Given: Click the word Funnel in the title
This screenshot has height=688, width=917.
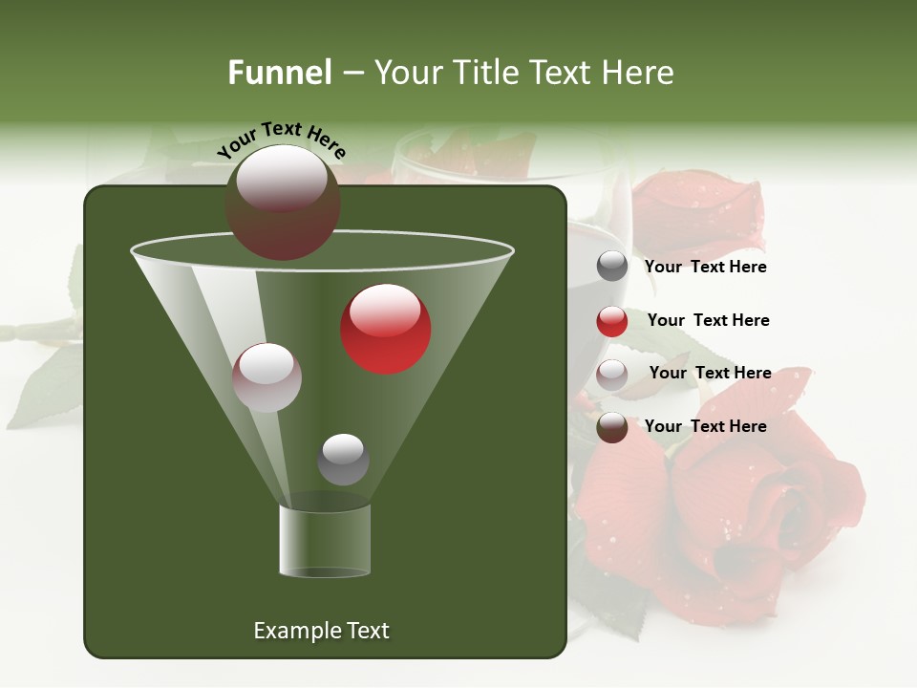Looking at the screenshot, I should click(279, 73).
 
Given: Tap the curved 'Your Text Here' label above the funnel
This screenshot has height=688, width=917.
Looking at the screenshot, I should click(281, 139).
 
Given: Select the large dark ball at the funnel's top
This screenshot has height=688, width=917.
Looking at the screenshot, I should click(283, 203).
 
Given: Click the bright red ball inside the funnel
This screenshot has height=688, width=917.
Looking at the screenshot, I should click(386, 329).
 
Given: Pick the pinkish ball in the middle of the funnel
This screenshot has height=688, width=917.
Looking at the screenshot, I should click(267, 377).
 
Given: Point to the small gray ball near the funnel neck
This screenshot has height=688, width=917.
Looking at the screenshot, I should click(343, 459).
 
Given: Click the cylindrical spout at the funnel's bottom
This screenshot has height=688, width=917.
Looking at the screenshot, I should click(325, 541).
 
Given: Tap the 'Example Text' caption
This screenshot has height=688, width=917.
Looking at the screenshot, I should click(321, 631).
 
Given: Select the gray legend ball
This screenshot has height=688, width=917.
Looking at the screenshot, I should click(612, 267).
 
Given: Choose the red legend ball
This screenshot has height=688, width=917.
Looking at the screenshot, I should click(612, 321).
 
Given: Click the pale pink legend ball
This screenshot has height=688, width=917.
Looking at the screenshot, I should click(612, 375).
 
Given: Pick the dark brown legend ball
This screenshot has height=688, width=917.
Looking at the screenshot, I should click(612, 427).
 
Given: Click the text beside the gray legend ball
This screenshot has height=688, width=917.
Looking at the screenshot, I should click(705, 268).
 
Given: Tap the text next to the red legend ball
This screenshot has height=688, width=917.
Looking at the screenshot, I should click(708, 321).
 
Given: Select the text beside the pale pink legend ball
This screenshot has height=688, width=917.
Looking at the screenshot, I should click(710, 374).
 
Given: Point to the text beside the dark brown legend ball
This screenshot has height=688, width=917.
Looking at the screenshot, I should click(705, 426).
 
